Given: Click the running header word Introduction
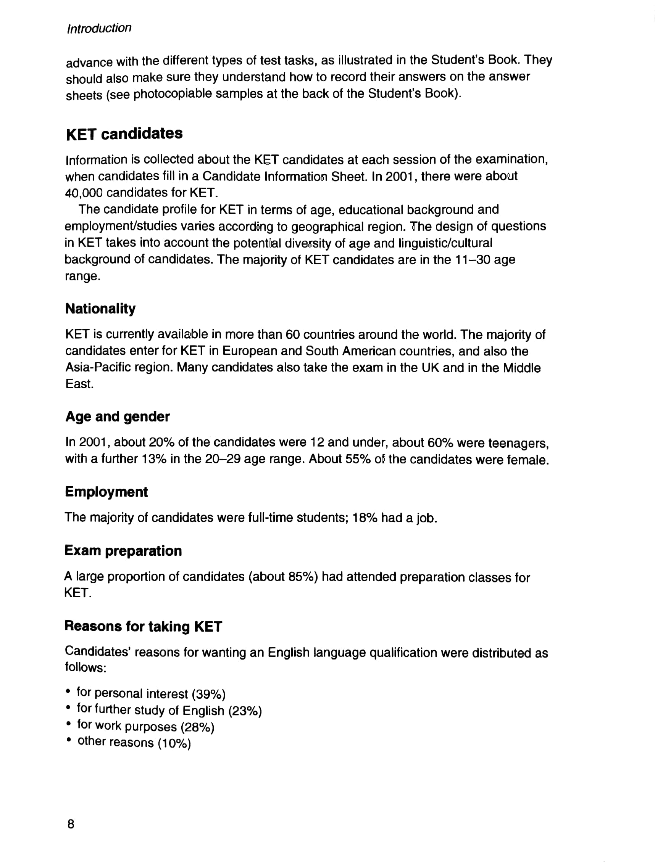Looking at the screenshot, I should [x=99, y=29].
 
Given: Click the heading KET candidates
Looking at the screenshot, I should [x=124, y=133].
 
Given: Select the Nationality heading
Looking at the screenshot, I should [x=100, y=309].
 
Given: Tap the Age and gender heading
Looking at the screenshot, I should [x=117, y=417].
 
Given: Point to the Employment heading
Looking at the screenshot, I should [x=106, y=492].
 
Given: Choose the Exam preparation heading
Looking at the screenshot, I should [x=123, y=551].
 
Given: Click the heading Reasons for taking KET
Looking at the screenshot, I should [x=143, y=626].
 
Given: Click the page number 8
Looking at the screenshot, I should [x=71, y=824].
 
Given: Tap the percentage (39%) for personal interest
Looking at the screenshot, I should [x=208, y=694].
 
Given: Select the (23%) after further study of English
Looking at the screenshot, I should [x=245, y=711].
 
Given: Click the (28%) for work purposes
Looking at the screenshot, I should [x=197, y=727].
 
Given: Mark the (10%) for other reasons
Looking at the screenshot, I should [x=174, y=743].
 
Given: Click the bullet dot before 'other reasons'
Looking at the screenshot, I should [x=69, y=740].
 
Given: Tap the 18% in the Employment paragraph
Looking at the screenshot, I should [x=365, y=518].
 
